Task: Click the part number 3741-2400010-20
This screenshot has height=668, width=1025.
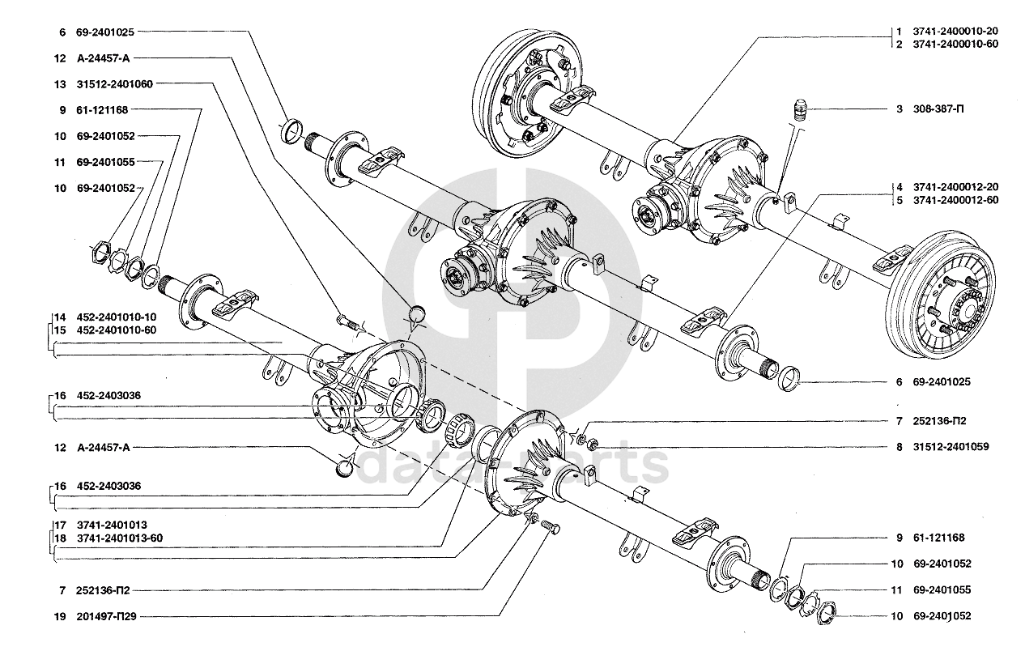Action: pyautogui.click(x=955, y=31)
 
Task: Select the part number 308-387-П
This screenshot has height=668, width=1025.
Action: pyautogui.click(x=938, y=108)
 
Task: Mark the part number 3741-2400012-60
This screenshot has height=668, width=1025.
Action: pyautogui.click(x=955, y=199)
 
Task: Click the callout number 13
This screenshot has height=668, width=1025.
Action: pyautogui.click(x=60, y=83)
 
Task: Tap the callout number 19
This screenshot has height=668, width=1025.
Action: pyautogui.click(x=60, y=616)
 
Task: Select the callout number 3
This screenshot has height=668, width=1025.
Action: pyautogui.click(x=899, y=108)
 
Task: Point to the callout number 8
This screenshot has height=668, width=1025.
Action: pyautogui.click(x=899, y=446)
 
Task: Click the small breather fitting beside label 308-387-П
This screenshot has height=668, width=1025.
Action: pyautogui.click(x=800, y=110)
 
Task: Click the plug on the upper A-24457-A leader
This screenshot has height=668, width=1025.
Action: pyautogui.click(x=418, y=313)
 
